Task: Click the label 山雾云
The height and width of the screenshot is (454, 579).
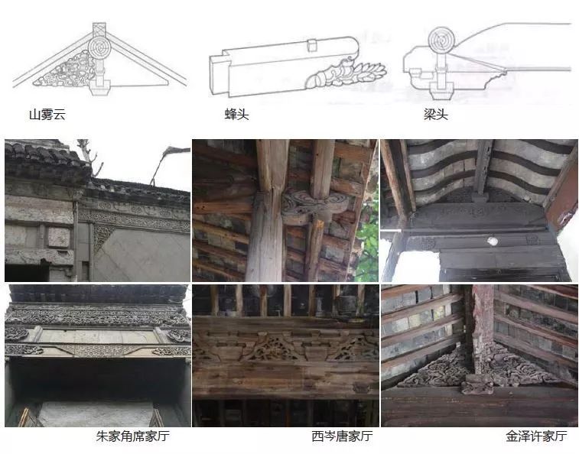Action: [46, 115]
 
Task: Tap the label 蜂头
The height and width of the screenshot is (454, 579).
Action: [236, 115]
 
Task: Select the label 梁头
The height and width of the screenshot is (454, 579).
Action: [435, 115]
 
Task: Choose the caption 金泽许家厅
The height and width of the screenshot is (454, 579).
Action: [536, 436]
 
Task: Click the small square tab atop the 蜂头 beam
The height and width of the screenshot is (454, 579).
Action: [311, 44]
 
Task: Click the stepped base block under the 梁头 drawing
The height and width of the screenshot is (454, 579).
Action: [441, 91]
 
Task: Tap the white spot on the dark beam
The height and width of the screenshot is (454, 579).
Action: [492, 241]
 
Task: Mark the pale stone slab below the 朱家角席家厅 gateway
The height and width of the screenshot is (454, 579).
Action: [96, 413]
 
